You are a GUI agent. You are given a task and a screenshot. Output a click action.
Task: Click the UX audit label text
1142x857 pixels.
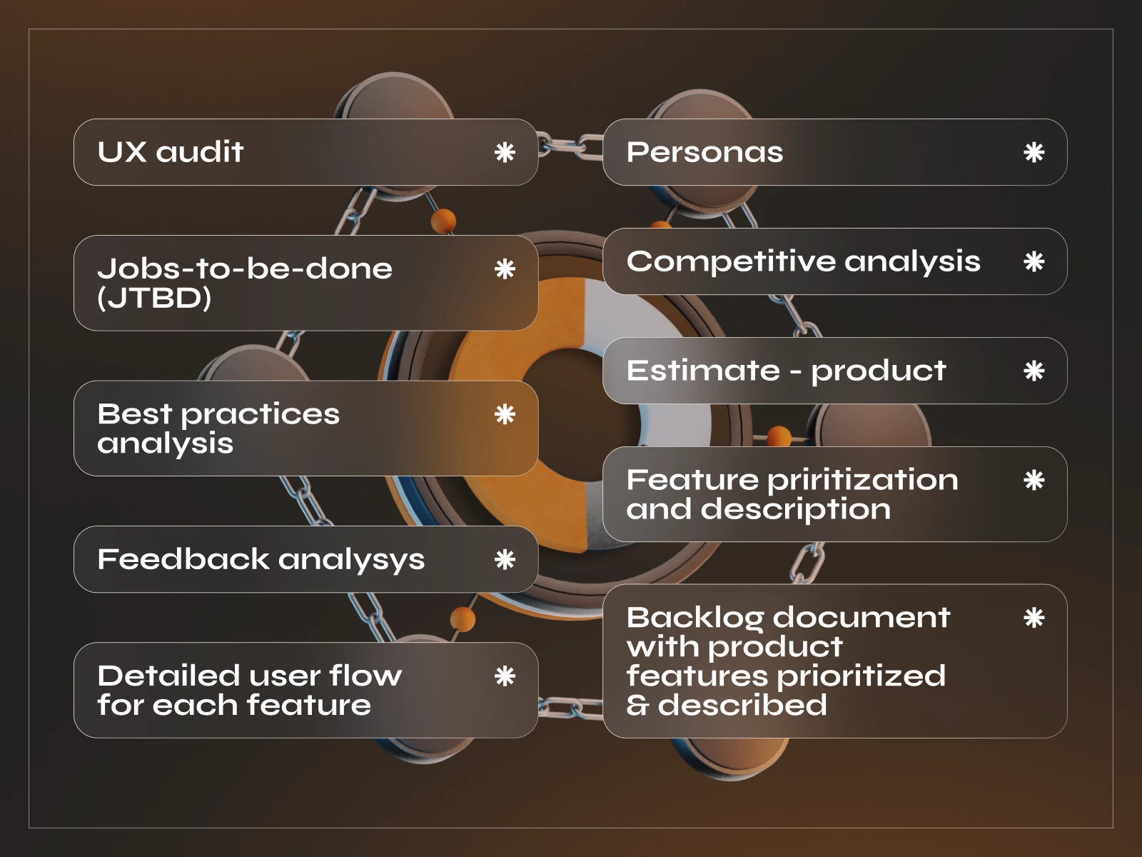[x=171, y=152]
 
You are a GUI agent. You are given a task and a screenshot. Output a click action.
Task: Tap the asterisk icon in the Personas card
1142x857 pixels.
[x=1034, y=152]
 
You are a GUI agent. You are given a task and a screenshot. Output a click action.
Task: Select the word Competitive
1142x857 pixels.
[x=732, y=262]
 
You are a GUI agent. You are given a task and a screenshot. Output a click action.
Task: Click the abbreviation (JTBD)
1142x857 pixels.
[x=154, y=299]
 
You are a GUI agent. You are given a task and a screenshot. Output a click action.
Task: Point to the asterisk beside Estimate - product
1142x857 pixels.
[x=1034, y=371]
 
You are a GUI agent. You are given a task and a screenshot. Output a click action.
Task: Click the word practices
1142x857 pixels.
[x=260, y=415]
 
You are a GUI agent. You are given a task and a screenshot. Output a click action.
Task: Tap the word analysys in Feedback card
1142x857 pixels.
[x=351, y=561]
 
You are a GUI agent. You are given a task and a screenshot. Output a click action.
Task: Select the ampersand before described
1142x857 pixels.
[x=637, y=706]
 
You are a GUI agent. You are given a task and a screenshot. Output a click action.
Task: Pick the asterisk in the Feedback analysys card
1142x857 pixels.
[x=505, y=559]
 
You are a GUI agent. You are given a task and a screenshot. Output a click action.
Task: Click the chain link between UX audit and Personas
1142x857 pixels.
[x=570, y=146]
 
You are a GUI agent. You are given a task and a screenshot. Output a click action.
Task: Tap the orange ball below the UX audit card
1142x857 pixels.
[x=443, y=220]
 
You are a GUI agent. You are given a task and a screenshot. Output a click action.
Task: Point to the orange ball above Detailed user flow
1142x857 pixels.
[x=463, y=618]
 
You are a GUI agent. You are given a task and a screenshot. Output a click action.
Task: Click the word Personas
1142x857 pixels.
[x=704, y=152]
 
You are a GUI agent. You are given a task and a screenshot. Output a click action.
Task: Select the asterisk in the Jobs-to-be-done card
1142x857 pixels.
[x=505, y=269]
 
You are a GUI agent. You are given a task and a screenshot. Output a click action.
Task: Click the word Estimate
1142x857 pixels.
[x=703, y=371]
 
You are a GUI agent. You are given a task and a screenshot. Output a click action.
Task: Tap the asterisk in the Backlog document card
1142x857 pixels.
[x=1034, y=618]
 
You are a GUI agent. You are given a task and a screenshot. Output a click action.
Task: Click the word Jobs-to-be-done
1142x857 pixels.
[x=245, y=269]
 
